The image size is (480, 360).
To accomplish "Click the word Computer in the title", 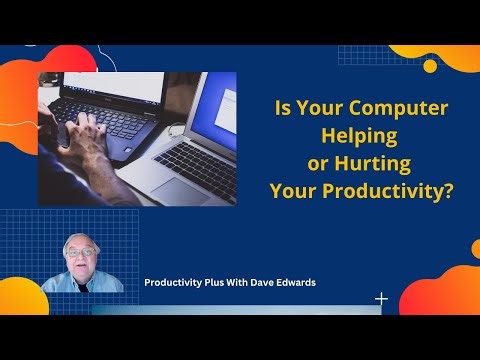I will point(399,109).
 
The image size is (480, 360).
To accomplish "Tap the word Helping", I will point(361,135).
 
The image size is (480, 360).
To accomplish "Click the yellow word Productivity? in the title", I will point(397,189).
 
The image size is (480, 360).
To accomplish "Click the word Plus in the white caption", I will point(199,282).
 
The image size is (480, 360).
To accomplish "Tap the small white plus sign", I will point(381,298).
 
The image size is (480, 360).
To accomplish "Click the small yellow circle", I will point(430,66).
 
